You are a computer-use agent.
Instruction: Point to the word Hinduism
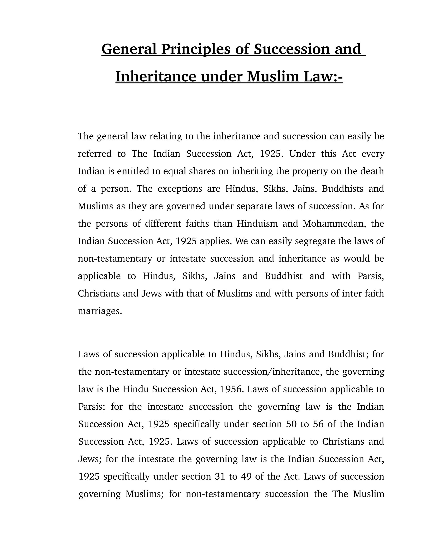(x=257, y=224)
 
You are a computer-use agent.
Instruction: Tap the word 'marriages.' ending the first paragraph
(x=100, y=311)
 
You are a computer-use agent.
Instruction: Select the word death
(x=372, y=171)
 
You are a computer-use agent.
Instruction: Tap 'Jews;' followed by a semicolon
(x=90, y=459)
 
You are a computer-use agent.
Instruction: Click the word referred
(x=95, y=154)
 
